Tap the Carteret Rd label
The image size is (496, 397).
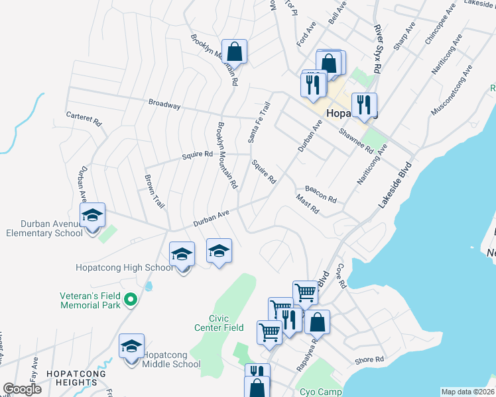84,118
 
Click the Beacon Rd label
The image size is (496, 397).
321,194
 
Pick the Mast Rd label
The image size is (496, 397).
308,204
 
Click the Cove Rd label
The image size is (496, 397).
341,276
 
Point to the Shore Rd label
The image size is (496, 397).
369,360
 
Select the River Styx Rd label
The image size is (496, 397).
378,49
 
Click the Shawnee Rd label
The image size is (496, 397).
356,140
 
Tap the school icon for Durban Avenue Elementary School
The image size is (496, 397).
92,215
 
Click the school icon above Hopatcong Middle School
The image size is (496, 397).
131,347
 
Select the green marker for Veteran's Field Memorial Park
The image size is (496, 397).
131,300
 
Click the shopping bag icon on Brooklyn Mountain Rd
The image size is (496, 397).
234,51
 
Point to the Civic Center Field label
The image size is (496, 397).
219,323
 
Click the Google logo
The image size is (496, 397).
22,389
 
